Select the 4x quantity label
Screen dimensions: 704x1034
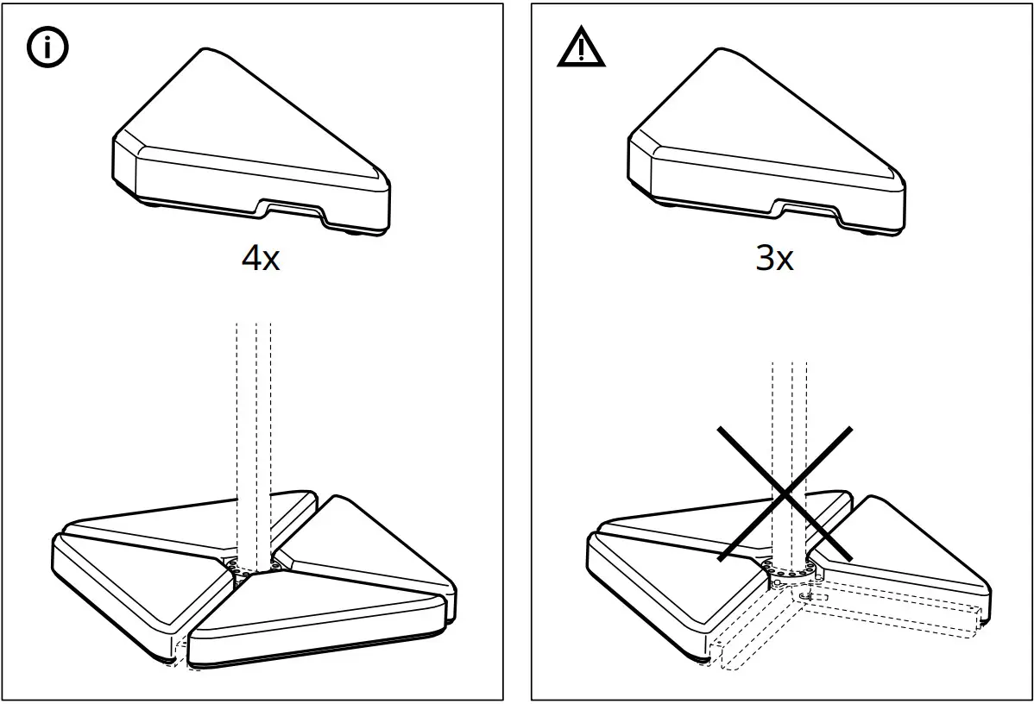(261, 258)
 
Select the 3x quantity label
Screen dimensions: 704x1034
(774, 258)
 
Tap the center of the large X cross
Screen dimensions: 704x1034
(785, 493)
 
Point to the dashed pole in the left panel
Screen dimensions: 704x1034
(254, 431)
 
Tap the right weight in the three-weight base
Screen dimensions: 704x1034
(915, 552)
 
